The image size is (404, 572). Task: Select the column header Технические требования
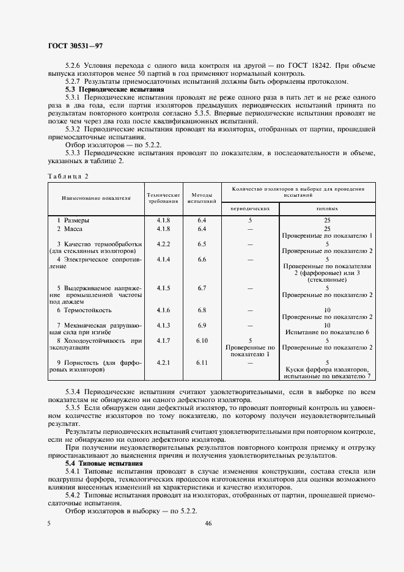pos(163,197)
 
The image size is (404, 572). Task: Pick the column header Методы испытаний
pos(202,197)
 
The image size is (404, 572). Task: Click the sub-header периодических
pos(250,208)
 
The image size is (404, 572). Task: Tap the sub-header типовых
pos(327,208)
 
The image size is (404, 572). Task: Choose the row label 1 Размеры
pos(73,219)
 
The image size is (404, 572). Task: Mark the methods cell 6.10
pos(202,340)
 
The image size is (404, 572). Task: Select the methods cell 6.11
pos(202,362)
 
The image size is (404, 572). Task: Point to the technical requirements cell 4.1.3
pos(163,325)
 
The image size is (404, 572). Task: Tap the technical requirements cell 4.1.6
pos(163,310)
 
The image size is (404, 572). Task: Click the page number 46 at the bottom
pos(208,524)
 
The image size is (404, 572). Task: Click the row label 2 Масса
pos(70,229)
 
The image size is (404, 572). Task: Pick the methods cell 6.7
pos(202,287)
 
